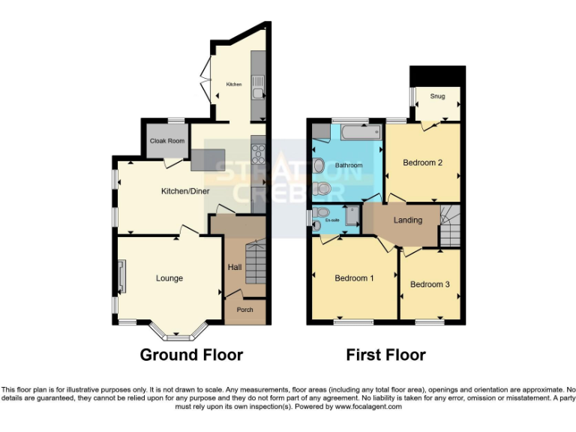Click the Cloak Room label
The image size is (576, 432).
[166, 140]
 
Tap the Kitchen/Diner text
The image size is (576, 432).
[185, 191]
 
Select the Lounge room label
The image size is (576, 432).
[169, 278]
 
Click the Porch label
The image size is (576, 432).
[244, 310]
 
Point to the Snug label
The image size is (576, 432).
[437, 97]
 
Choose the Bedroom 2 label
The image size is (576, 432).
[422, 162]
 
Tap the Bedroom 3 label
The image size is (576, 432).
[430, 284]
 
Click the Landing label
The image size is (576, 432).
[407, 220]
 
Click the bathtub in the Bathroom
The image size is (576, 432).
[360, 133]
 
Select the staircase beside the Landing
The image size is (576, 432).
[450, 228]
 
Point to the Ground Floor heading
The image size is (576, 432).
[191, 355]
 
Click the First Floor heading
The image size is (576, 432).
[385, 355]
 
